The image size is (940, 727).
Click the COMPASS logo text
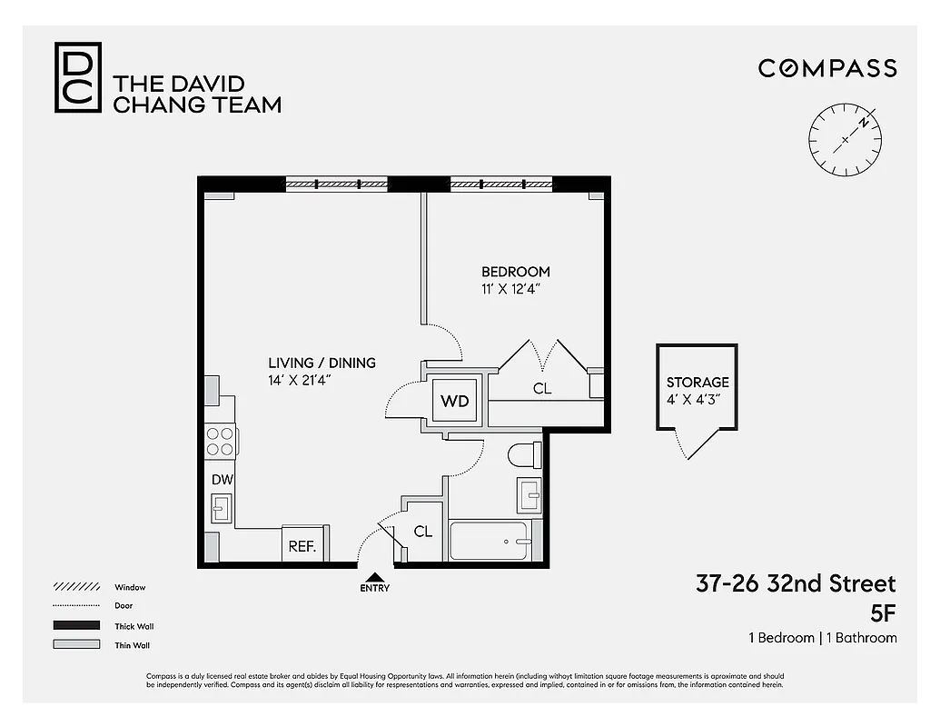coord(827,68)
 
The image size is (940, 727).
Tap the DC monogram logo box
coord(78,77)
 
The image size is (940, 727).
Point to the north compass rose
coord(845,138)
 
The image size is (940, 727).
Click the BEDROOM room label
coord(515,272)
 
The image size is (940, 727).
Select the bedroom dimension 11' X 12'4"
coord(515,290)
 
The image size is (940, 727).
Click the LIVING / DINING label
coord(322,363)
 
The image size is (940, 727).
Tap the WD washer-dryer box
coord(454,400)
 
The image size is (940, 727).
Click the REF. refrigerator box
coord(302,545)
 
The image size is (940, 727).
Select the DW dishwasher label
coord(222,479)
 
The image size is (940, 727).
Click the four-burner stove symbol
coord(221,441)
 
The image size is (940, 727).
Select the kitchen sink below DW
coord(221,507)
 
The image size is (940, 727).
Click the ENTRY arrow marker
coord(374,576)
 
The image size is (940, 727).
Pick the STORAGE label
coord(698,383)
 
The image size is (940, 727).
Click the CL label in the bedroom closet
coord(542,389)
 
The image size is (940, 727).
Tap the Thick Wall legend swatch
coord(76,625)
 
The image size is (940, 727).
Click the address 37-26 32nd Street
coord(796,583)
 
